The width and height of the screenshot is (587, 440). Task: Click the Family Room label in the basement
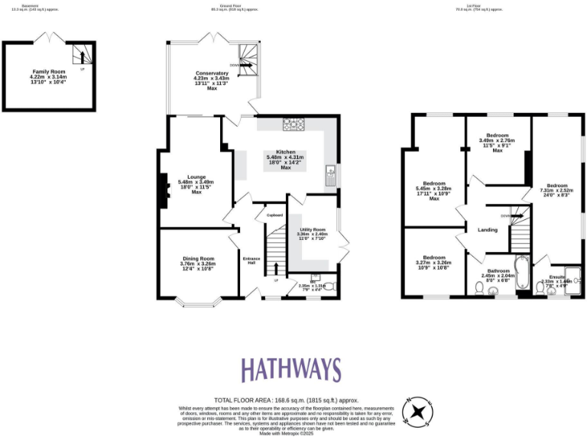click(x=48, y=73)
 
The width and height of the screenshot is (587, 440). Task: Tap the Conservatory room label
click(x=212, y=73)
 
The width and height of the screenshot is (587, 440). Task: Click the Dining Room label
click(x=198, y=258)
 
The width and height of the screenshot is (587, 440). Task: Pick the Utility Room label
click(x=312, y=229)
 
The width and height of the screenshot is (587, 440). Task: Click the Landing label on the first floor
click(x=488, y=229)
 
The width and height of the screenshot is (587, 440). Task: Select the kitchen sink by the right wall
click(x=331, y=176)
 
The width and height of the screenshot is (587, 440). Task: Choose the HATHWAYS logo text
click(x=291, y=370)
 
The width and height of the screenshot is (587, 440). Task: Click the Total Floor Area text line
click(x=286, y=400)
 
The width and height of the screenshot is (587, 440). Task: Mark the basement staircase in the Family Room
click(x=81, y=54)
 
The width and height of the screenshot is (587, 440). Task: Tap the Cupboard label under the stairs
click(x=274, y=215)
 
